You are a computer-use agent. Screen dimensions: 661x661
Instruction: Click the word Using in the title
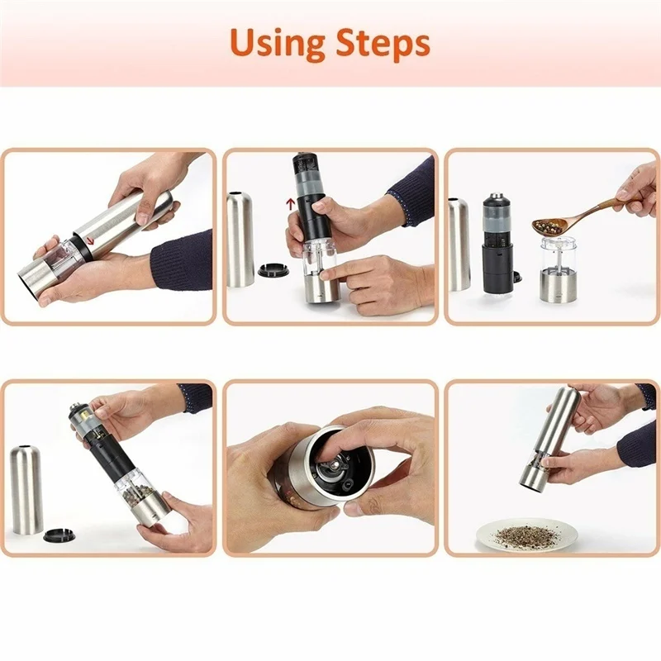coord(278,43)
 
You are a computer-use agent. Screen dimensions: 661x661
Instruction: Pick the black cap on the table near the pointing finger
coord(271,269)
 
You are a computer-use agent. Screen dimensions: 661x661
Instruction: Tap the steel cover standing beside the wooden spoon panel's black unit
coord(459,245)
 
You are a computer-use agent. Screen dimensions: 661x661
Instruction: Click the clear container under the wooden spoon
coord(559,257)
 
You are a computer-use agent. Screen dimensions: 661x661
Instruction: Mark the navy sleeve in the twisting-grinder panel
coord(183,259)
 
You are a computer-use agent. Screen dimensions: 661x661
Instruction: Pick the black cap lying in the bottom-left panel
coord(59,535)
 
